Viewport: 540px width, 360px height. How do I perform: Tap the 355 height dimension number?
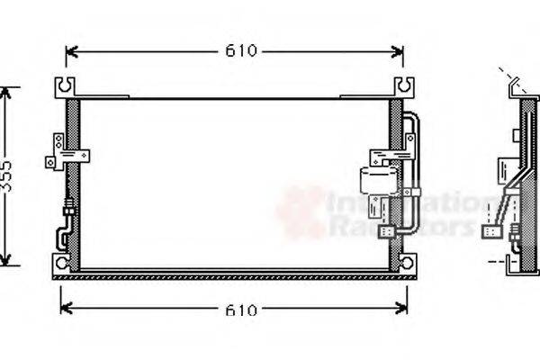[x=8, y=175]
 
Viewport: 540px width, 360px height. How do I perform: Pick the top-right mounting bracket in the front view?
[x=404, y=87]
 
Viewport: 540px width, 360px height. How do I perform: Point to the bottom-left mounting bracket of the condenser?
[x=61, y=263]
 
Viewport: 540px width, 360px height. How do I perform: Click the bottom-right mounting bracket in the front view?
[x=408, y=263]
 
